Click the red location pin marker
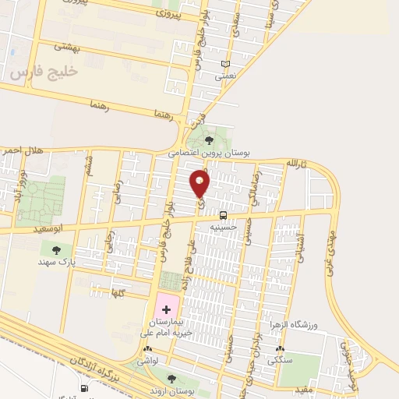(x=200, y=184)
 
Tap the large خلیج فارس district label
(x=45, y=72)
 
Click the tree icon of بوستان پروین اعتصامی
(x=209, y=140)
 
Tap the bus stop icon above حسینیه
(x=224, y=215)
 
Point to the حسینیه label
(x=224, y=227)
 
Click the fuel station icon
(x=83, y=387)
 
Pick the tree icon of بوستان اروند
(x=171, y=379)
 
